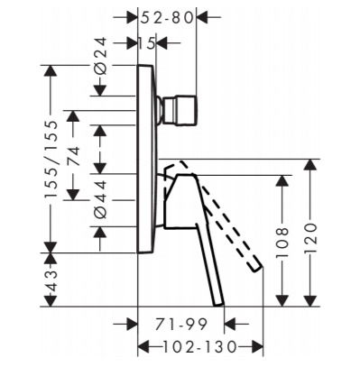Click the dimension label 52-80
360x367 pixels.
click(167, 18)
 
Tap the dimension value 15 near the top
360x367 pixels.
click(146, 43)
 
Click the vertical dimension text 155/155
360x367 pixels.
click(51, 160)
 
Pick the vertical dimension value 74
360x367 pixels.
click(73, 156)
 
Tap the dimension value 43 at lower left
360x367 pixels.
click(51, 281)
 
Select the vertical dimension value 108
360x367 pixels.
click(282, 243)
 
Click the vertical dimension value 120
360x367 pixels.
click(310, 238)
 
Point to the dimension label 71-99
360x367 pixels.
click(181, 324)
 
